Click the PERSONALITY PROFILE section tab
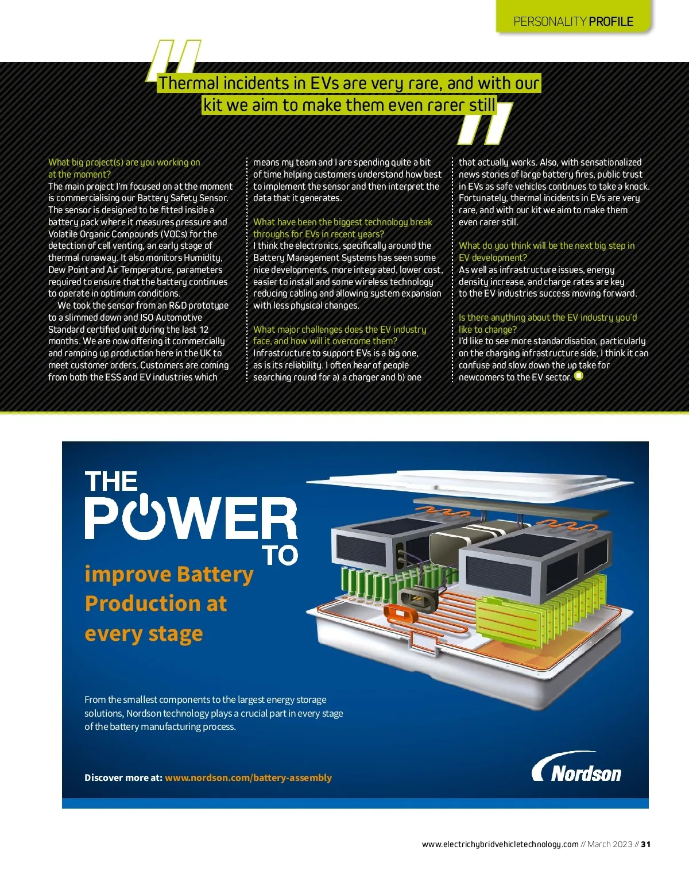click(573, 21)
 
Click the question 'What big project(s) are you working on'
click(124, 163)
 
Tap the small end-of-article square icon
click(579, 376)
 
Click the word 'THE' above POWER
click(111, 482)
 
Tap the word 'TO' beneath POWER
click(280, 555)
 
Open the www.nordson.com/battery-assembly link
click(248, 778)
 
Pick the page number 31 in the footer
click(646, 844)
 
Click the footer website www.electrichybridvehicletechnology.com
click(500, 844)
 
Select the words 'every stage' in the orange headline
click(144, 633)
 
